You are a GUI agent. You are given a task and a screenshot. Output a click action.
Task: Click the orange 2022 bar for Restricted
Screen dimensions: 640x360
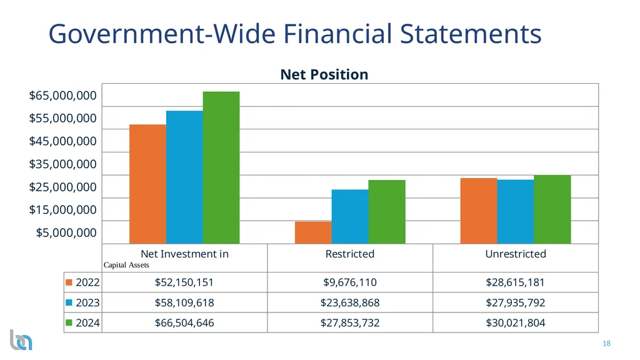[x=314, y=232]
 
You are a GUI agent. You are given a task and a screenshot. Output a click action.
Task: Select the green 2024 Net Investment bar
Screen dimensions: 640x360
[x=221, y=167]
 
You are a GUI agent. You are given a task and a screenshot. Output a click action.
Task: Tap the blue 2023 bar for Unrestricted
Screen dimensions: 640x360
[x=516, y=212]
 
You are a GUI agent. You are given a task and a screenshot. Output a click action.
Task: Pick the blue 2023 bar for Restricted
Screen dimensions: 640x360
[x=350, y=217]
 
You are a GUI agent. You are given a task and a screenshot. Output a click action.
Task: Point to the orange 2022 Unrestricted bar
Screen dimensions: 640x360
[x=479, y=211]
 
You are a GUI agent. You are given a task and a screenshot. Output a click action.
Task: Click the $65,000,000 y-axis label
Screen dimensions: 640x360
[x=63, y=96]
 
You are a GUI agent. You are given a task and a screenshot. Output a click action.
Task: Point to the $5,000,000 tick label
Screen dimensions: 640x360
[x=66, y=232]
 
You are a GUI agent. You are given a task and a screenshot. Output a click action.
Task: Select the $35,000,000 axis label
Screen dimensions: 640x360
[x=63, y=164]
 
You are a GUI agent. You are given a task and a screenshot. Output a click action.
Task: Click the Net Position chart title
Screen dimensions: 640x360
[x=324, y=75]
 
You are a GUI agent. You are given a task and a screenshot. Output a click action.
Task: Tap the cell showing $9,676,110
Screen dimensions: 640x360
[x=350, y=282]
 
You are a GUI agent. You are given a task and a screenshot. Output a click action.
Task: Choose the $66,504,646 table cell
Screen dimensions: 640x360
[x=184, y=323]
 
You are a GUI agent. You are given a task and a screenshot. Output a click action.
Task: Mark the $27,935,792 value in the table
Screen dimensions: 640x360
[x=516, y=303]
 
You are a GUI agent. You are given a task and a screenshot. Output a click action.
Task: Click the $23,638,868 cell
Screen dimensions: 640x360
[x=350, y=303]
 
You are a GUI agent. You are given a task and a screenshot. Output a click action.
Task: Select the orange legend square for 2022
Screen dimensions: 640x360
[x=69, y=282]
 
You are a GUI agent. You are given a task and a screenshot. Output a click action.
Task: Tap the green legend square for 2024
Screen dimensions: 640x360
[x=69, y=322]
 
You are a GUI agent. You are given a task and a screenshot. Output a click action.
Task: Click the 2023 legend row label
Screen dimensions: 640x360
[x=87, y=303]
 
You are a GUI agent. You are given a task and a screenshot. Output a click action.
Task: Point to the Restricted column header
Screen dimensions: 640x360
[x=350, y=254]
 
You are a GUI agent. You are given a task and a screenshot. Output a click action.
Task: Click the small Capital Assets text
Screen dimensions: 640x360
[x=126, y=265]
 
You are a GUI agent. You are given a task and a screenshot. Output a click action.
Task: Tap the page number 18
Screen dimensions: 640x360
[x=606, y=344]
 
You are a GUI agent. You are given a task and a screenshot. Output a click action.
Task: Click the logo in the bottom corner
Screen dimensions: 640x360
[x=21, y=340]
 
